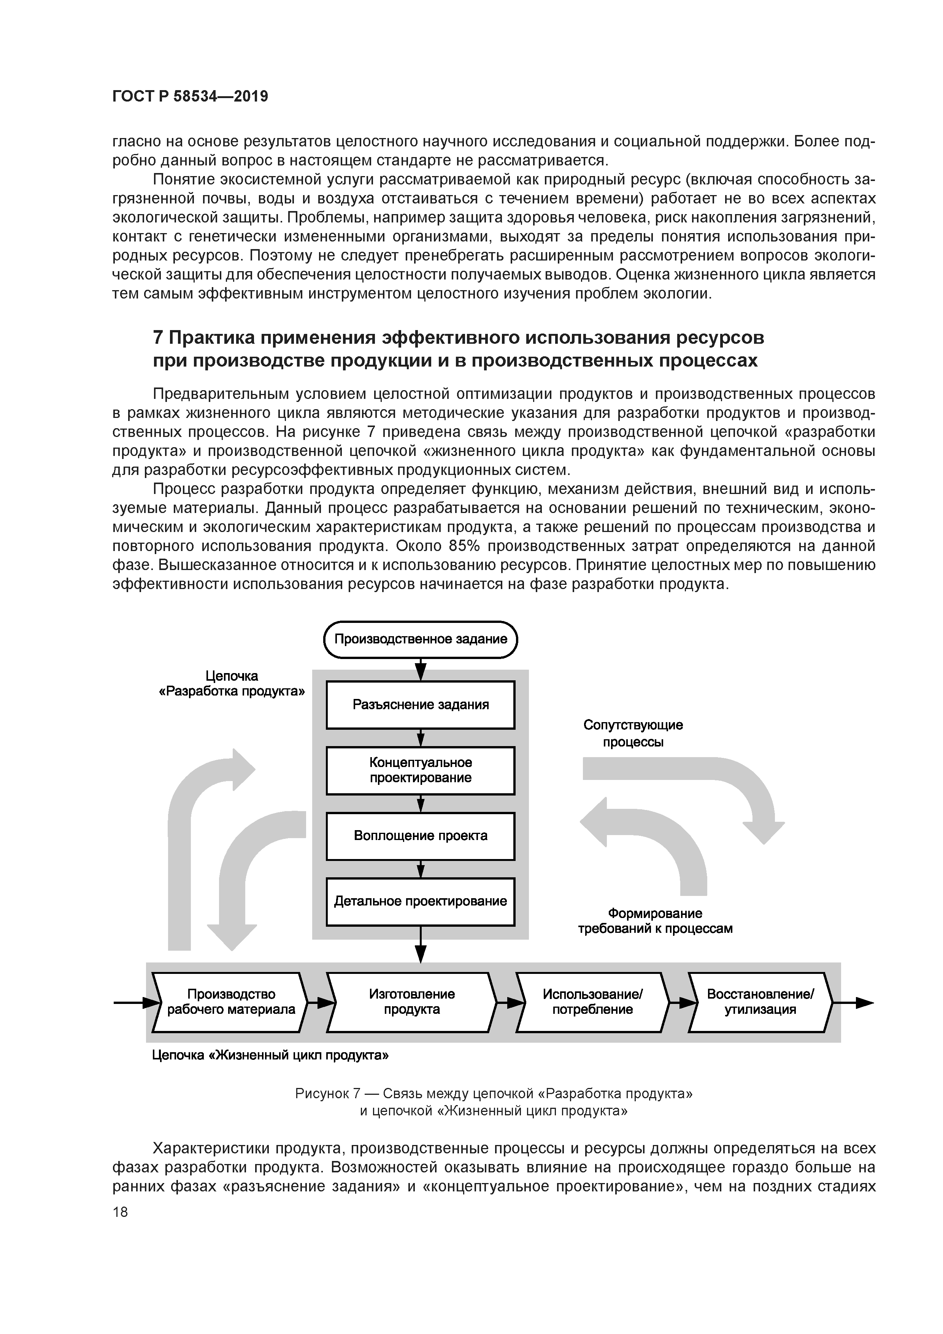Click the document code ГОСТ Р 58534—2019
[x=190, y=97]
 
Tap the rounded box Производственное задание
[x=420, y=640]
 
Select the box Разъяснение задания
[x=420, y=705]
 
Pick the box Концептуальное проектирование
[x=420, y=770]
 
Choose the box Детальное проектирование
[x=420, y=902]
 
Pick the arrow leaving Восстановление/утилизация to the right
[x=854, y=1002]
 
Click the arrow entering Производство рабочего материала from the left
[x=135, y=1002]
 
